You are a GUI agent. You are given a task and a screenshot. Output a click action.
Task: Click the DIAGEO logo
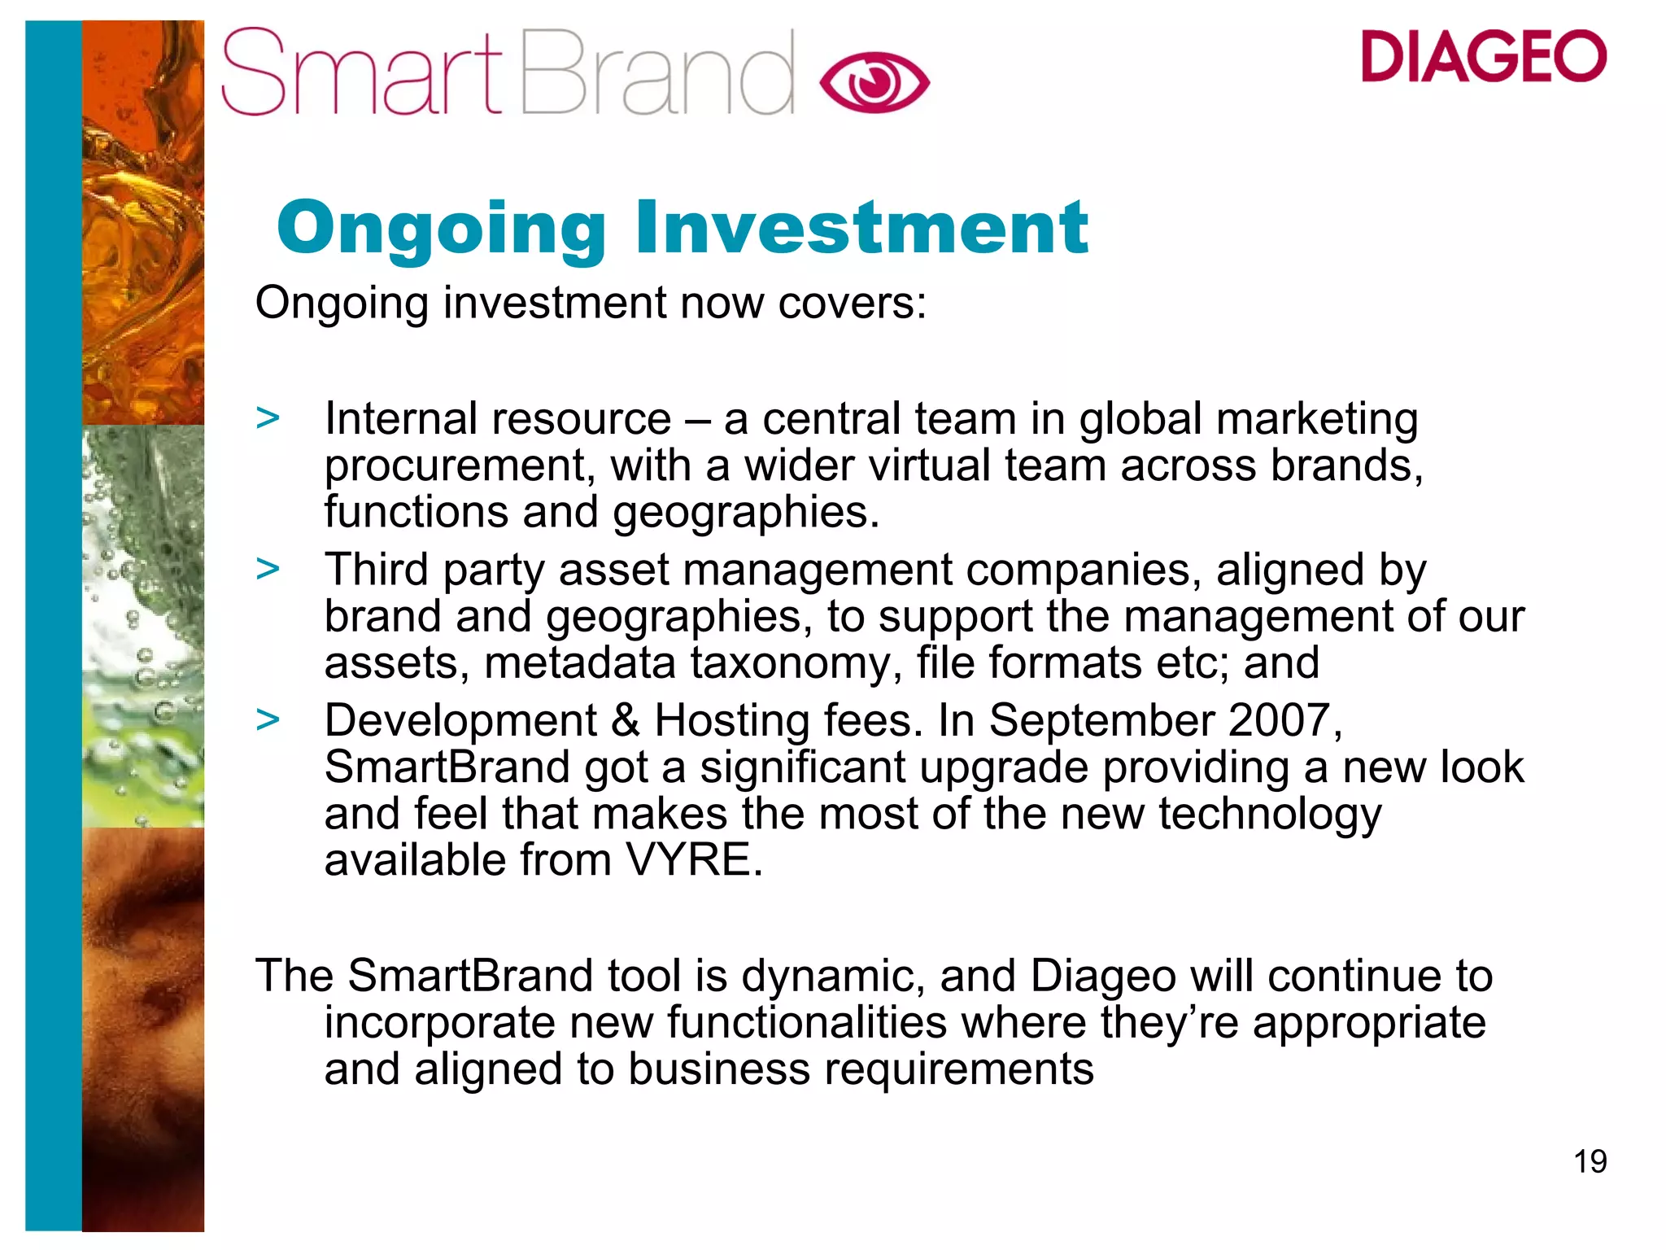pos(1483,56)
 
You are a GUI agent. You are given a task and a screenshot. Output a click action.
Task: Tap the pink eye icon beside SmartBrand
pos(874,82)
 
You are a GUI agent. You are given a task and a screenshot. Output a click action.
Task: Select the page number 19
pos(1590,1161)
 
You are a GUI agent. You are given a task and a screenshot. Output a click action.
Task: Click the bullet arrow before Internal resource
pos(268,418)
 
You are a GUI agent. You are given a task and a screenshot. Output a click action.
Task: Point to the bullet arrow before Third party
pos(268,569)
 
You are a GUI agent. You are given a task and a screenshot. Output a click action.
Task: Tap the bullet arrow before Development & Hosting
pos(268,719)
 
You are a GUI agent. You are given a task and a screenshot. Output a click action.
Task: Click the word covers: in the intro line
pos(852,303)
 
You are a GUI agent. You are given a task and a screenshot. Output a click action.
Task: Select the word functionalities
pos(807,1023)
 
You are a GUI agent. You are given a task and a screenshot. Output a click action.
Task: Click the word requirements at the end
pos(959,1069)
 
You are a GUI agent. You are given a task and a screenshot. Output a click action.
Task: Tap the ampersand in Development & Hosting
pos(626,721)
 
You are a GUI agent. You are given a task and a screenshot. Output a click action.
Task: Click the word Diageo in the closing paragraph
pos(1102,977)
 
